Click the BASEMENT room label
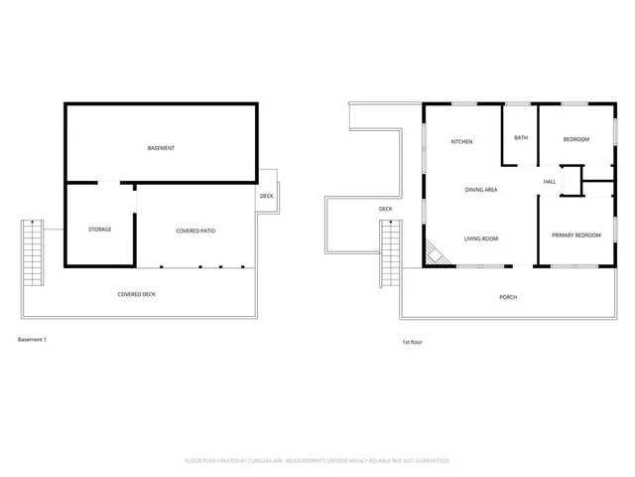click(x=161, y=148)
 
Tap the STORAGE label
click(x=99, y=230)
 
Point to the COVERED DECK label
click(x=136, y=294)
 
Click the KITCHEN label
click(x=461, y=142)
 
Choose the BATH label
click(x=519, y=139)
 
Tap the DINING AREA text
click(x=481, y=189)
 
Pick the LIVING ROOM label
click(x=481, y=238)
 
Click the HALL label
click(x=549, y=182)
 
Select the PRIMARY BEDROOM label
click(x=575, y=236)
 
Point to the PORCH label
click(x=507, y=297)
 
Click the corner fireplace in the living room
click(x=434, y=254)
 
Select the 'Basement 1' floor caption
click(x=33, y=340)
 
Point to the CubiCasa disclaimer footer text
click(x=317, y=460)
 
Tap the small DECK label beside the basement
click(x=266, y=196)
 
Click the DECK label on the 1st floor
click(x=385, y=209)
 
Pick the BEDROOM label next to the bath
click(x=575, y=140)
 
